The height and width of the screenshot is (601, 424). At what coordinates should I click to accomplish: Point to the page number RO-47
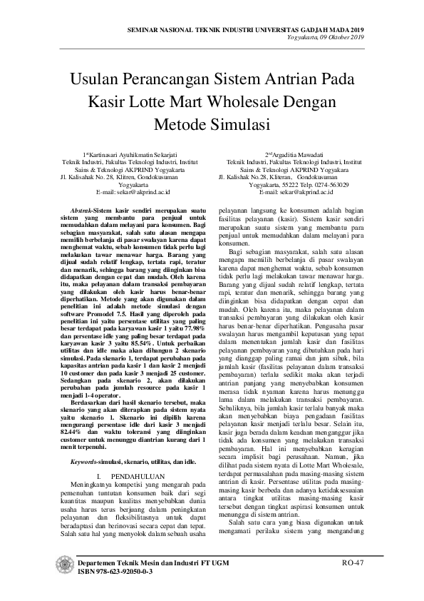pos(352,562)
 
